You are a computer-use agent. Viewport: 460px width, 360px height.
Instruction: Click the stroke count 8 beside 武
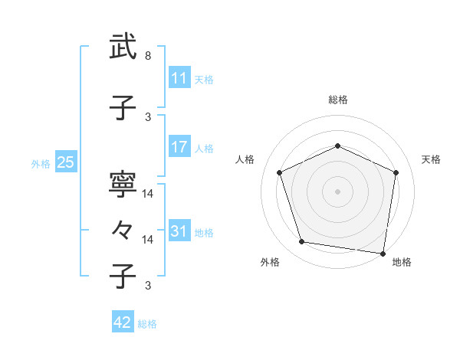click(x=148, y=56)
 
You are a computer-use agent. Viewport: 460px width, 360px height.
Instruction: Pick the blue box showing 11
click(x=179, y=77)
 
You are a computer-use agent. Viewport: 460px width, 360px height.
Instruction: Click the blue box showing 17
click(x=179, y=147)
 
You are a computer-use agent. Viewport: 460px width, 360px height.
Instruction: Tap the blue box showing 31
click(x=179, y=231)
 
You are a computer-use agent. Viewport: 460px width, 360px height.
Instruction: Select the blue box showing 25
click(x=65, y=162)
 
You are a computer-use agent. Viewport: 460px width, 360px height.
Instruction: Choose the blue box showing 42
click(x=123, y=322)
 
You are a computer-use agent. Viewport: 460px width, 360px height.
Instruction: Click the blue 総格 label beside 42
click(x=147, y=324)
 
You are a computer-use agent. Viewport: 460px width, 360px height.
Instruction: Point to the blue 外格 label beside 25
click(x=41, y=163)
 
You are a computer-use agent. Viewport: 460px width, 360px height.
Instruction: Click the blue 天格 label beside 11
click(x=204, y=79)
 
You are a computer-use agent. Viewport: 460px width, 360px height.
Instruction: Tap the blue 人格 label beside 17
click(x=204, y=149)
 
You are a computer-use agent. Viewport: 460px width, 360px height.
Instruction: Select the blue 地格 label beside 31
click(x=204, y=233)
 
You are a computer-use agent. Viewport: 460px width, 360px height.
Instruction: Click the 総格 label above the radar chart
click(x=338, y=100)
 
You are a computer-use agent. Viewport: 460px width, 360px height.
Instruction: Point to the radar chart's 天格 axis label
click(x=431, y=159)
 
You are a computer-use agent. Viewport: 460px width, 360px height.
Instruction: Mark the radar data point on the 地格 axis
click(x=383, y=253)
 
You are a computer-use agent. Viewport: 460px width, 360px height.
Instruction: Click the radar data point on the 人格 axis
click(x=280, y=172)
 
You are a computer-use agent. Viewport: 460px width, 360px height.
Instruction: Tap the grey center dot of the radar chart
click(x=338, y=191)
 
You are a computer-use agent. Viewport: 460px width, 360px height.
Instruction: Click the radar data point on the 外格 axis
click(x=302, y=242)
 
